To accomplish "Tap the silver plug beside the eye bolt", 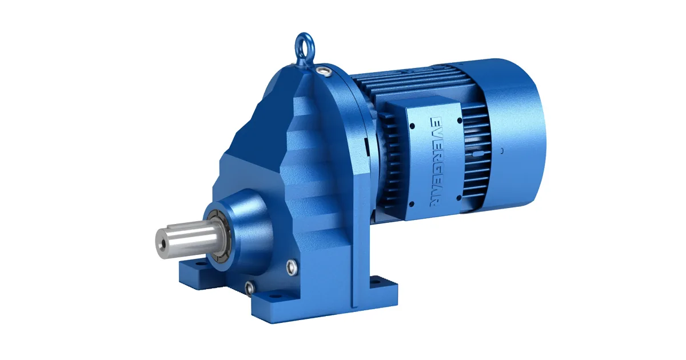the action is click(325, 71).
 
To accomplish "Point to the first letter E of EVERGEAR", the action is click(436, 121).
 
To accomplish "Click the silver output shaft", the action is click(188, 241).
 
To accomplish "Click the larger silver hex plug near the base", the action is click(292, 267).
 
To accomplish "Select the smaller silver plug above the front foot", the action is click(250, 288).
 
